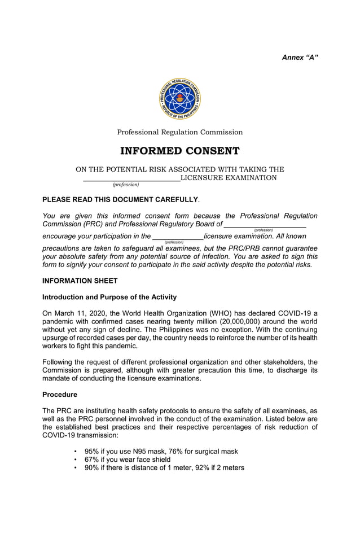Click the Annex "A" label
click(300, 58)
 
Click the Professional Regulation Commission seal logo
click(179, 99)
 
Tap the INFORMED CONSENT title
click(179, 151)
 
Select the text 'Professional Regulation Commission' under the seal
click(179, 132)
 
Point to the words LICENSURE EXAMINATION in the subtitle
click(229, 178)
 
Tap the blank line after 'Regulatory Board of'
click(265, 225)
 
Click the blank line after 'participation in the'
click(178, 237)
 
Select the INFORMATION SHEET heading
click(80, 281)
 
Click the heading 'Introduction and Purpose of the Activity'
click(109, 297)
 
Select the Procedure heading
click(60, 395)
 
